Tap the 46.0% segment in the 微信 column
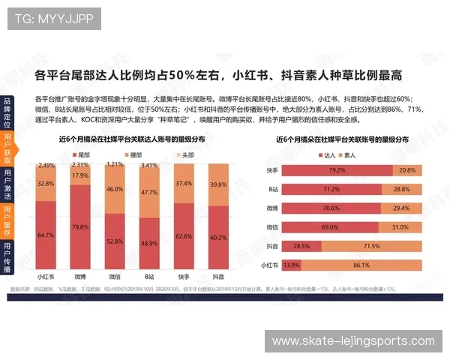tap(115, 190)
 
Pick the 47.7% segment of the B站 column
tap(149, 193)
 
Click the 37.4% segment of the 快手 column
tap(184, 183)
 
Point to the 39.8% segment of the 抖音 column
tap(218, 184)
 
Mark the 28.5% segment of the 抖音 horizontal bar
tap(301, 246)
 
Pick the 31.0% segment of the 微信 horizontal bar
tap(400, 227)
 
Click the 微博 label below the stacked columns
tap(80, 277)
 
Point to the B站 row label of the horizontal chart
tap(272, 190)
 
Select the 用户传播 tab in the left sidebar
tap(7, 258)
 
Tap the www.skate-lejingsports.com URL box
tap(352, 341)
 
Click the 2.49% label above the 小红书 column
tap(46, 165)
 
